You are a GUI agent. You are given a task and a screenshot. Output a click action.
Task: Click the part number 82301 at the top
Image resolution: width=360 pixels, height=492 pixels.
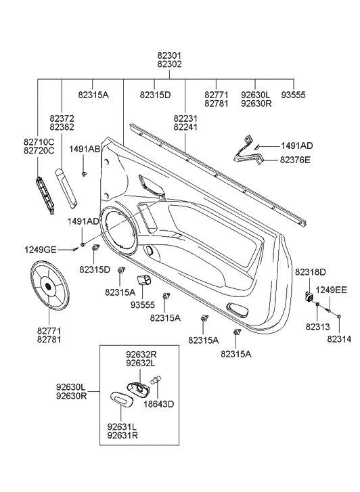point(169,55)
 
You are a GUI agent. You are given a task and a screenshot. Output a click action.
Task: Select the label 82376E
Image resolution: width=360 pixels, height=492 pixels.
point(296,160)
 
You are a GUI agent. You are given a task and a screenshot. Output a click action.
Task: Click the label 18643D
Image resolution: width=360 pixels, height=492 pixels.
point(160,404)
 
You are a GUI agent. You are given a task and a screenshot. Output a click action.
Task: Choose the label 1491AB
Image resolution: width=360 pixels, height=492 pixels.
point(84,149)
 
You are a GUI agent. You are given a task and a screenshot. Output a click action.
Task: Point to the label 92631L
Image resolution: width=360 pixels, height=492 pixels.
point(122,426)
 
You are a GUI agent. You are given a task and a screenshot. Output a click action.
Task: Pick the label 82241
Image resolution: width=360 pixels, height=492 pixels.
point(185,127)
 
